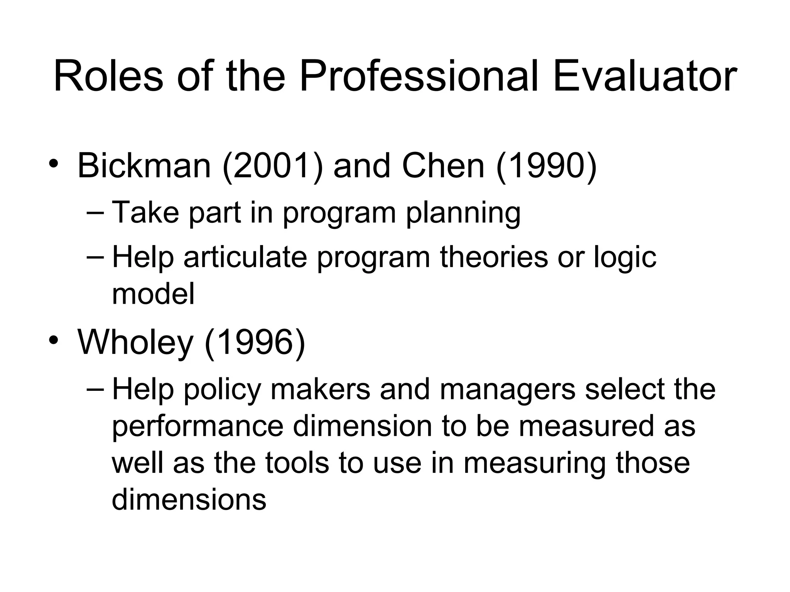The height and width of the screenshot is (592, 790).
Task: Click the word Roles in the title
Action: point(108,77)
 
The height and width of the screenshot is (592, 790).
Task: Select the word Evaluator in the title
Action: point(645,77)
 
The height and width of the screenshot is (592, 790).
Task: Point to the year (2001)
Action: point(272,166)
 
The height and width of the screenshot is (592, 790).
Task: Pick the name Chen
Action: point(443,166)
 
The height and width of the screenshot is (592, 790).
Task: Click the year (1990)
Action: point(546,166)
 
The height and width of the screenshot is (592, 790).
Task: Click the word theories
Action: point(494,257)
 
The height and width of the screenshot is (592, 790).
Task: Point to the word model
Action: point(153,294)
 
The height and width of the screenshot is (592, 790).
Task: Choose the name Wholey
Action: point(135,342)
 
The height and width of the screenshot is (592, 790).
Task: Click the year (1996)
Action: point(255,342)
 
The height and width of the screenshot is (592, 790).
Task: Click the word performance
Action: point(198,426)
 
